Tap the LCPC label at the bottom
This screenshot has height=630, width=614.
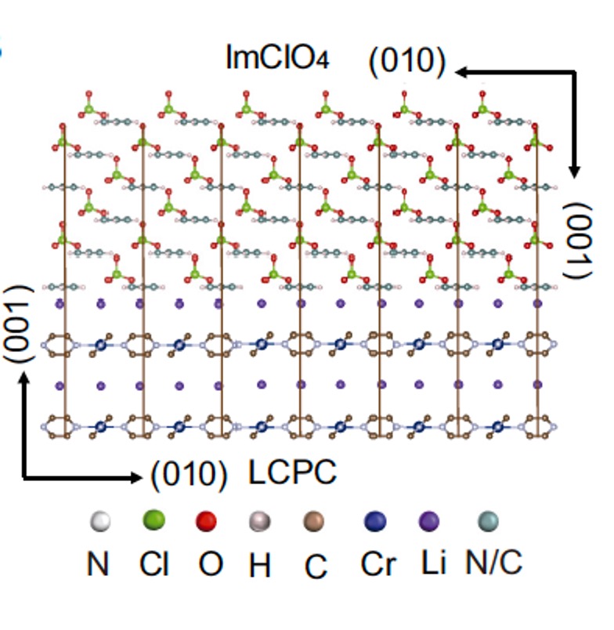[293, 472]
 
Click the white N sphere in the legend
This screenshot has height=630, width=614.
[99, 521]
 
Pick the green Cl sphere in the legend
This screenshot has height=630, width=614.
[153, 520]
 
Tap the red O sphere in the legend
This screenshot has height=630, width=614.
[206, 521]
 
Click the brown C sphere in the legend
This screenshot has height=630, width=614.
[314, 521]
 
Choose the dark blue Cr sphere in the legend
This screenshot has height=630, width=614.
[375, 521]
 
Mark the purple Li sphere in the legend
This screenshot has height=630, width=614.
[429, 521]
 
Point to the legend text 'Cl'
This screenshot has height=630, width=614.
[154, 563]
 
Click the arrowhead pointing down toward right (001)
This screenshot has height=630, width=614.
[576, 172]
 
